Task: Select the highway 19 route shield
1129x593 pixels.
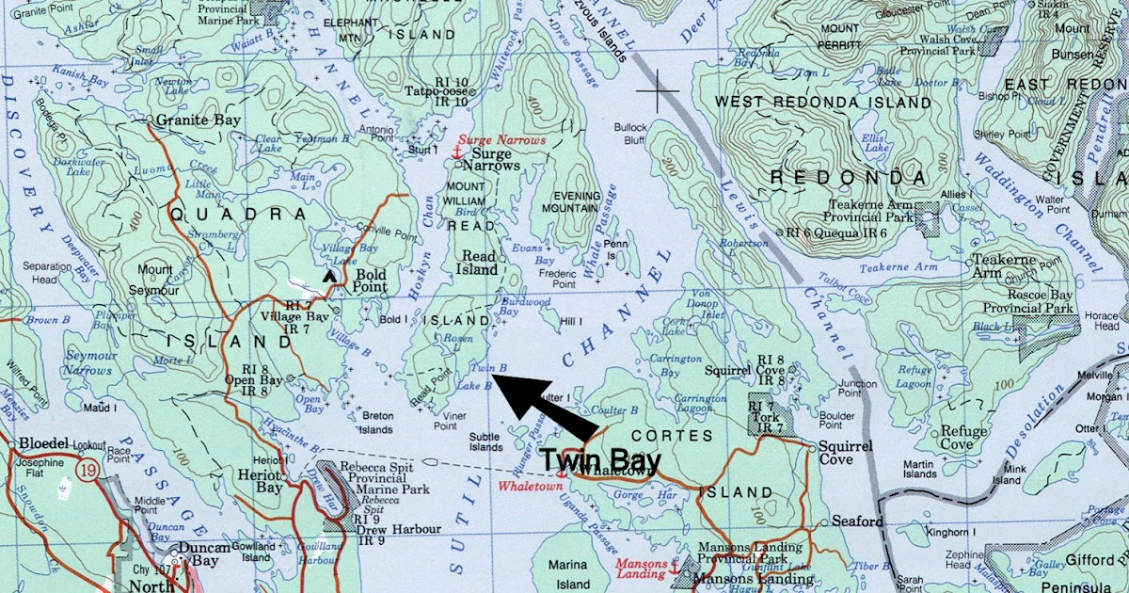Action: click(x=87, y=472)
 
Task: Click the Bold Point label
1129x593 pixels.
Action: click(x=370, y=283)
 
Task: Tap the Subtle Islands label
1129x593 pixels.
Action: click(x=485, y=441)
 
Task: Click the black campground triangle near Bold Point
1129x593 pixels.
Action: click(x=328, y=276)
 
